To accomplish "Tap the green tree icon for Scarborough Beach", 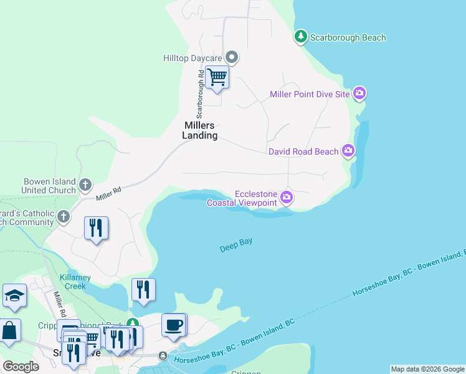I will click(301, 37).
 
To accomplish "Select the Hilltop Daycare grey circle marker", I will click(232, 58).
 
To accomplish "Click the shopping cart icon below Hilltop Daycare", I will click(217, 78).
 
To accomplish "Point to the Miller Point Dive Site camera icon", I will click(359, 94).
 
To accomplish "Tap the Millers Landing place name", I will click(200, 130).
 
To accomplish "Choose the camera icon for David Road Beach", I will click(348, 151).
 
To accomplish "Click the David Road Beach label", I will click(303, 151).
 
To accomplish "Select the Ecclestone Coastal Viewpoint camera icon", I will click(286, 198).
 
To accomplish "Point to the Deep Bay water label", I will click(236, 244).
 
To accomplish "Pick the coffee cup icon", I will click(174, 325).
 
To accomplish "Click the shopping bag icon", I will click(9, 331).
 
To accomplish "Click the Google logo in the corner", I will click(21, 367).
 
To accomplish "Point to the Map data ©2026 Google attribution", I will click(427, 369).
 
